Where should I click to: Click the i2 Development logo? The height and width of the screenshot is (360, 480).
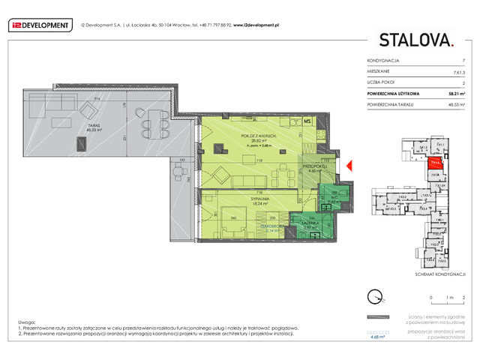[40, 25]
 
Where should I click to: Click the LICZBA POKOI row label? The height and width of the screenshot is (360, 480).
[382, 82]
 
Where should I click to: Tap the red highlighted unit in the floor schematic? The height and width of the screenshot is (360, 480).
[436, 160]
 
